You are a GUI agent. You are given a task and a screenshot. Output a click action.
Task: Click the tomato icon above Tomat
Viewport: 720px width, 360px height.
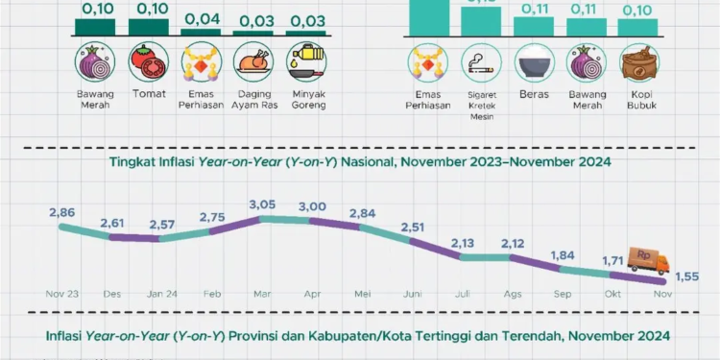pyautogui.click(x=149, y=63)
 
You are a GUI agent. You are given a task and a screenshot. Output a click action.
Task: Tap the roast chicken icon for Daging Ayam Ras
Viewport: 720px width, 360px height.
pyautogui.click(x=253, y=63)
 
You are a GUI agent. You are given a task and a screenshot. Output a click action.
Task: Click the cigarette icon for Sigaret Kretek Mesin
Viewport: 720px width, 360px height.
pyautogui.click(x=481, y=63)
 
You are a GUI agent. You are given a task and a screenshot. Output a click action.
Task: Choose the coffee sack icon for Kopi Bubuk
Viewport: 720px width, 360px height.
pyautogui.click(x=636, y=63)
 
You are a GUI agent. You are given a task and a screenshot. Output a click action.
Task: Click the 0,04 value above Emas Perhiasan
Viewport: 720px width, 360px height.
pyautogui.click(x=201, y=18)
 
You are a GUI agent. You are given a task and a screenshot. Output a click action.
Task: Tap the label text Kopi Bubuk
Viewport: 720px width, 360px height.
pyautogui.click(x=636, y=100)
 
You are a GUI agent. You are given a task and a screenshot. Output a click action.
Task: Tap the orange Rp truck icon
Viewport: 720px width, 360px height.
pyautogui.click(x=648, y=260)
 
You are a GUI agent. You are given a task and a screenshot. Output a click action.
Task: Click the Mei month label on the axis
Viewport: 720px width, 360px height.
pyautogui.click(x=363, y=294)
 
